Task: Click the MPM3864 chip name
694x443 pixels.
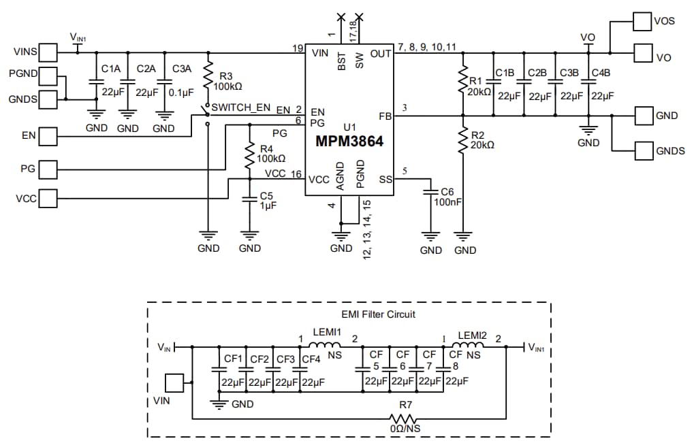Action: [349, 142]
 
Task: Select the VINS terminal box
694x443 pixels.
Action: [48, 52]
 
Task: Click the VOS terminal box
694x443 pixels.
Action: [642, 21]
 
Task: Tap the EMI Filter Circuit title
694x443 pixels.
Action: [378, 314]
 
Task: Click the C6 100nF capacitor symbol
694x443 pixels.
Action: [430, 193]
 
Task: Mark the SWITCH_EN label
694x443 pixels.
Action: [241, 108]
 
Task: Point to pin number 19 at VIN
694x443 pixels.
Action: [298, 48]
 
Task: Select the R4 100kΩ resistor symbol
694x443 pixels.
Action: [250, 154]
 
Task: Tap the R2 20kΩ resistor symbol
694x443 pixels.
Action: [463, 140]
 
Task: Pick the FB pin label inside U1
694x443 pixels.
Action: [385, 116]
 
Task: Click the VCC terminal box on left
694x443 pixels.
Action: [48, 198]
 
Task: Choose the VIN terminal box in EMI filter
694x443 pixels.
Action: [176, 383]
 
